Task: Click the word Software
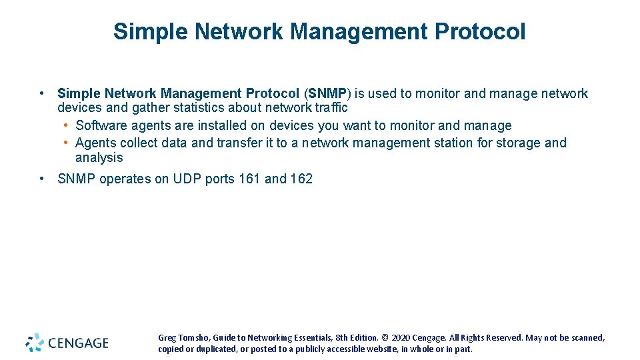101,125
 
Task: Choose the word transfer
241,143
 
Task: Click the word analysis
99,158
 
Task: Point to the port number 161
249,179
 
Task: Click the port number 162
301,179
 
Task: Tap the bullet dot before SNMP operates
42,179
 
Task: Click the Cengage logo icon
35,343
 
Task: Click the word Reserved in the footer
503,338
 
